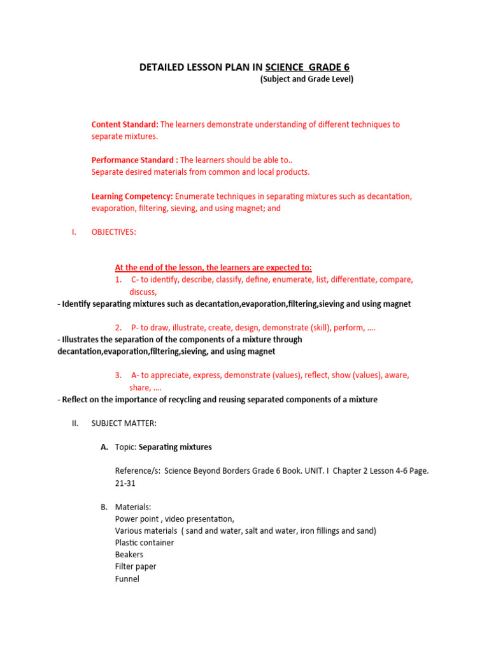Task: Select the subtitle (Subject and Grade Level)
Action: click(306, 80)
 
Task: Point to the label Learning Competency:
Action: click(132, 196)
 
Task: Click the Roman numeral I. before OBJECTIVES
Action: click(74, 232)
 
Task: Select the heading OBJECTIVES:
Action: click(114, 232)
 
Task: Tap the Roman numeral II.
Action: click(74, 423)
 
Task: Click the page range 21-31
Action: click(125, 483)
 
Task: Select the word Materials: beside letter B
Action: click(133, 507)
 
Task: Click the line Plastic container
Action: click(145, 543)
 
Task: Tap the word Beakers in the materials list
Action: click(129, 555)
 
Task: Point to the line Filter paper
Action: click(136, 567)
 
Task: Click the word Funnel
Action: click(127, 579)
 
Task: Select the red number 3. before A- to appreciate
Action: click(118, 376)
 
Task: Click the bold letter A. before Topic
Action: click(104, 447)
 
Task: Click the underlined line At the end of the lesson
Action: click(213, 268)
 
